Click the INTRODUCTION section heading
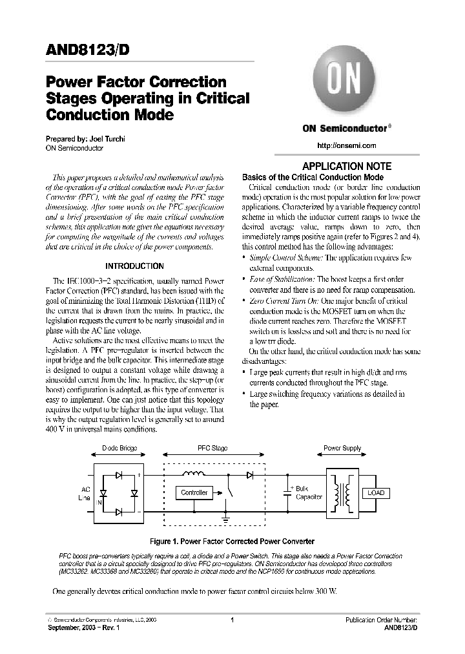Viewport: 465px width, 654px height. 134,266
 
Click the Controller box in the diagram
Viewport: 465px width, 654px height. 194,492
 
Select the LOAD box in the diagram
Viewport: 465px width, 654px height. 375,492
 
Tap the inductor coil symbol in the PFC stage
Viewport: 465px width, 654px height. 194,475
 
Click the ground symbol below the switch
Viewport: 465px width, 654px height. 226,518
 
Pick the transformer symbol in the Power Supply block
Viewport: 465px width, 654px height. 341,493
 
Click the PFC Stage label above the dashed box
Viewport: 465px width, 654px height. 212,448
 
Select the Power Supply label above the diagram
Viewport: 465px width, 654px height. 342,448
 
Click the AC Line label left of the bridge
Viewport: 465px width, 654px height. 85,494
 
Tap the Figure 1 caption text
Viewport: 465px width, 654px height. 231,541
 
